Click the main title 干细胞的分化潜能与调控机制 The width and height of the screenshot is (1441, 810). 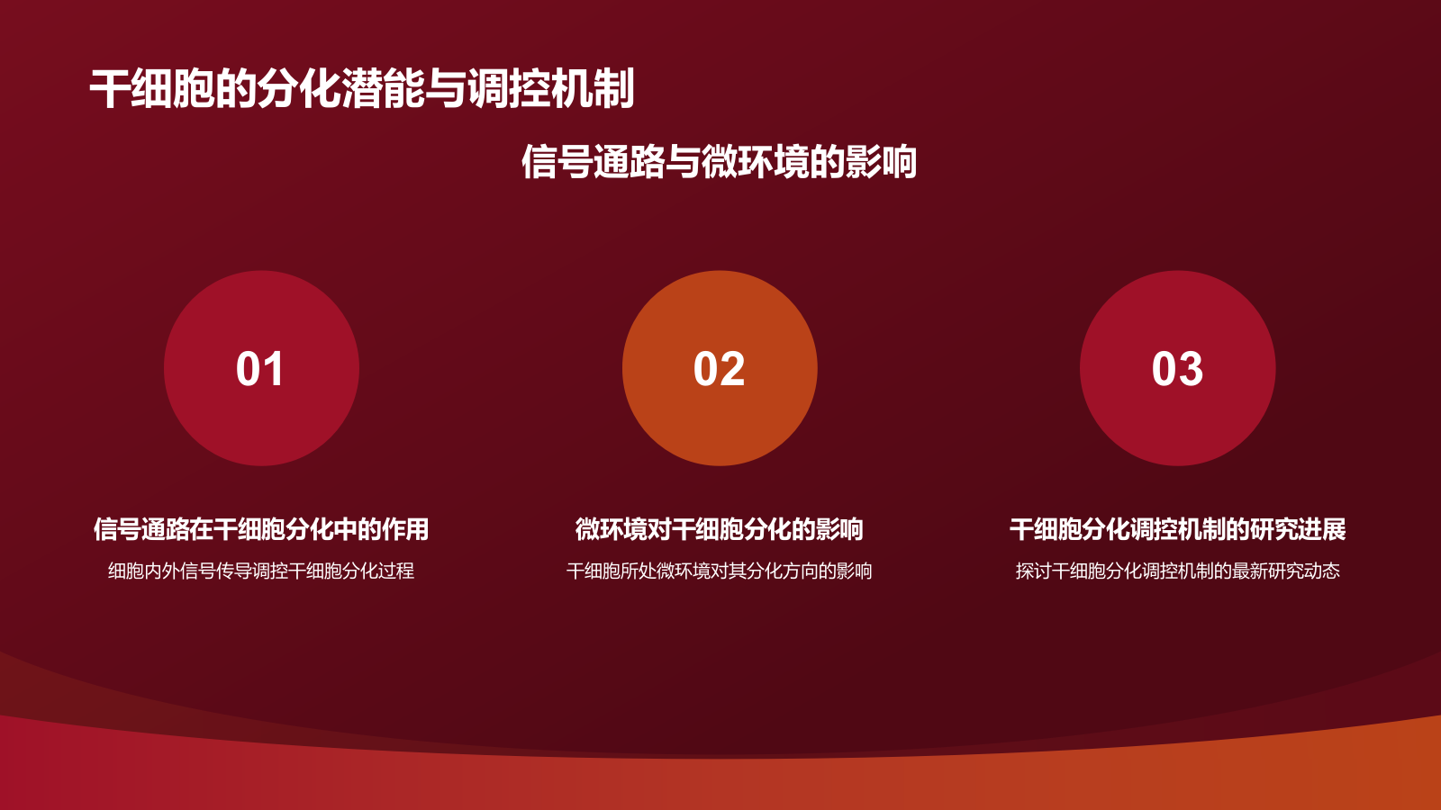coord(362,89)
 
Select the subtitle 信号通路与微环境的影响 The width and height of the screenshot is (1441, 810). coord(719,162)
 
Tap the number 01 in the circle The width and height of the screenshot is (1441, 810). coord(260,369)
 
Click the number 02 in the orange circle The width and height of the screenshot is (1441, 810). coord(719,369)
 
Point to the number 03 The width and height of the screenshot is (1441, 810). coord(1177,369)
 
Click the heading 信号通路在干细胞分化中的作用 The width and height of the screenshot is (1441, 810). coord(261,529)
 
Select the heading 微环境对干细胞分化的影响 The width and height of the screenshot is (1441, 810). coord(719,529)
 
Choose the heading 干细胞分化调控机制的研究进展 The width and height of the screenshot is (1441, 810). coord(1177,529)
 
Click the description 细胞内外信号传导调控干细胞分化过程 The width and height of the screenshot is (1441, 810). coord(261,571)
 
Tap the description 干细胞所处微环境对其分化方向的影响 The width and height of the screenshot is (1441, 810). coord(719,571)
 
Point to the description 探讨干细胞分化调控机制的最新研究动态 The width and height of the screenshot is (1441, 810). coord(1177,571)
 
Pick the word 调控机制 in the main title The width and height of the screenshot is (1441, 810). coord(551,89)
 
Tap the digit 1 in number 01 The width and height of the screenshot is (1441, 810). coord(274,369)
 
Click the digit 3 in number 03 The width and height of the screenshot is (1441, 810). coord(1191,369)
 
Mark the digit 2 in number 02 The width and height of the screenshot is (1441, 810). coord(732,369)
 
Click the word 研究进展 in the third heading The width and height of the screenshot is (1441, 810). coord(1298,529)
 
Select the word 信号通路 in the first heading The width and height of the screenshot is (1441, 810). coord(141,529)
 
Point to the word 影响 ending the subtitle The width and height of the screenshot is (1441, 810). coord(881,162)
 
